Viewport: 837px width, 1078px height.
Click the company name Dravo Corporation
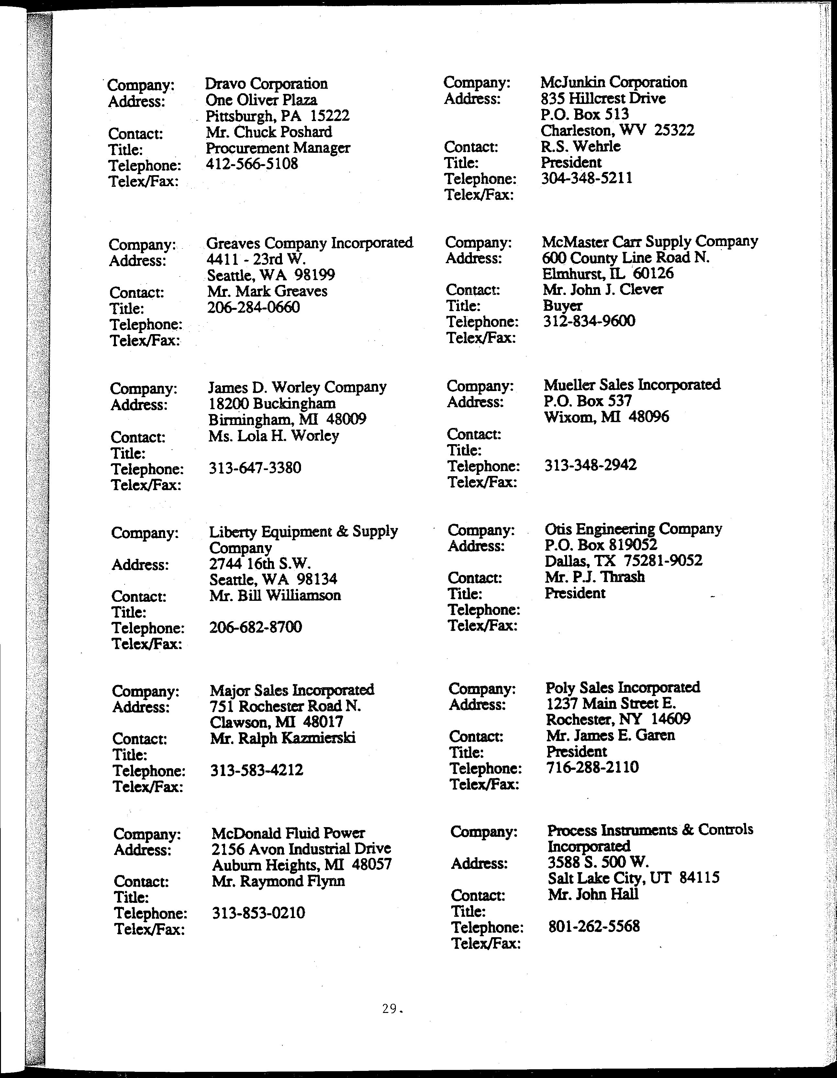pos(266,84)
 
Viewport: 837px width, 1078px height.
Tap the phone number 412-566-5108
pos(252,164)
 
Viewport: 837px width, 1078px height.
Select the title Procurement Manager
pos(278,148)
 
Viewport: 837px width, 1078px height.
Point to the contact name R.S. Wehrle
pos(580,147)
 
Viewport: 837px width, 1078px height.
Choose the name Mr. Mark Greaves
pos(267,291)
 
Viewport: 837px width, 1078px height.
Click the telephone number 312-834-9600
pos(589,321)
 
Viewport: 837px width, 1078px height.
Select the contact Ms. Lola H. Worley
pos(273,436)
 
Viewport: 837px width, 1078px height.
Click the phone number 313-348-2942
pos(590,465)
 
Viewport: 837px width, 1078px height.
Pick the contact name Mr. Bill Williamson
pos(275,595)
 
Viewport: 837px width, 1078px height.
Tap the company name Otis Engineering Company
pos(633,529)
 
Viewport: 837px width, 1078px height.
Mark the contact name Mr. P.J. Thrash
pos(595,577)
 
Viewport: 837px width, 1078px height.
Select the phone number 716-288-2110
pos(592,767)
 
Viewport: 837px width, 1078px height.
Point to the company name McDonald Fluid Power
pos(288,834)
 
